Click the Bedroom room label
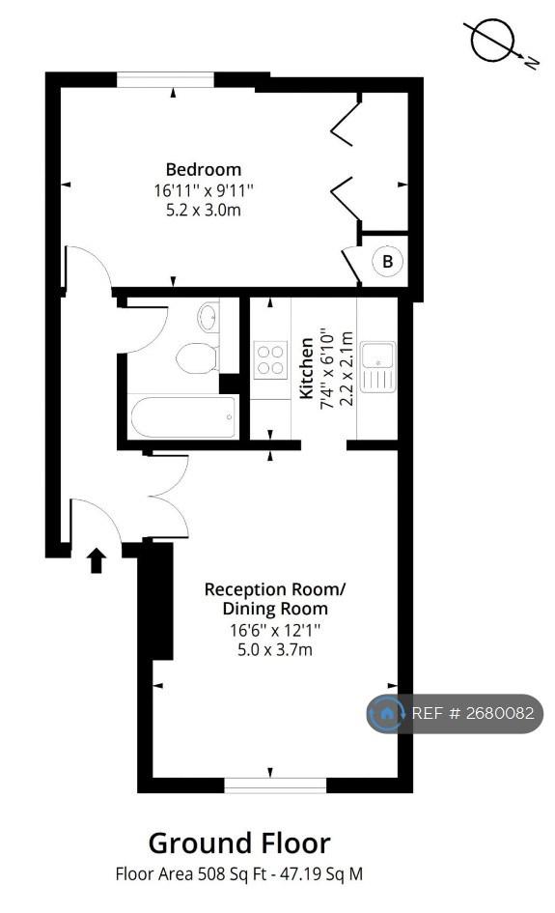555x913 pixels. (x=203, y=169)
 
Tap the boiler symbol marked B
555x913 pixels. (x=387, y=261)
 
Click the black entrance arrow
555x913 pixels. (x=97, y=560)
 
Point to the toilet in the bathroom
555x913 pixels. (x=197, y=357)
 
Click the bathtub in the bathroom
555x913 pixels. (x=184, y=416)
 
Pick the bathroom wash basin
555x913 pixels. (x=208, y=316)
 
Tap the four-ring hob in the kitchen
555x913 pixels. (x=270, y=359)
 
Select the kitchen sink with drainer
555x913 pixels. (x=378, y=366)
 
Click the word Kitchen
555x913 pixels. (x=306, y=369)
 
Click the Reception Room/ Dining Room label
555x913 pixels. (x=274, y=599)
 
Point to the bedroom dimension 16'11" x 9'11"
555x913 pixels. (x=204, y=189)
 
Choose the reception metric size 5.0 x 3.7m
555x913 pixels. (x=274, y=649)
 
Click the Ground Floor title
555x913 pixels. (x=239, y=842)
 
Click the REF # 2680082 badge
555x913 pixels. (x=455, y=713)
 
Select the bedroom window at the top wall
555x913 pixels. (x=166, y=80)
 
